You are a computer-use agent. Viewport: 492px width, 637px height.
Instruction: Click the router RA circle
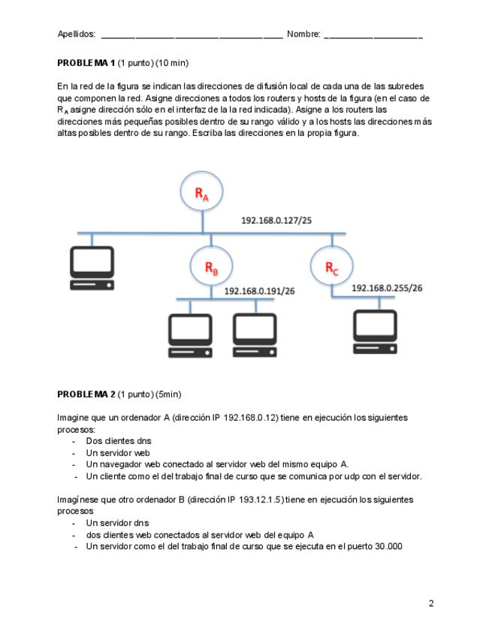pyautogui.click(x=201, y=193)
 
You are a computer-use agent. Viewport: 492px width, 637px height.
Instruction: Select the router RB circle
pyautogui.click(x=212, y=267)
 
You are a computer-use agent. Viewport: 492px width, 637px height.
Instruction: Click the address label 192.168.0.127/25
pyautogui.click(x=276, y=221)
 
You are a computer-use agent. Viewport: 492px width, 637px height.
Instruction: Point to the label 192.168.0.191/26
pyautogui.click(x=260, y=291)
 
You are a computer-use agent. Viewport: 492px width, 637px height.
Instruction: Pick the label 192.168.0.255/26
pyautogui.click(x=387, y=288)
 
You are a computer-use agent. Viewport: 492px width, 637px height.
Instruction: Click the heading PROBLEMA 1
pyautogui.click(x=86, y=62)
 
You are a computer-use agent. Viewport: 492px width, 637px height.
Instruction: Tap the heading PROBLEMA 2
pyautogui.click(x=86, y=394)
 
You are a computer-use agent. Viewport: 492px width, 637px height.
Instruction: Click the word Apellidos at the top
pyautogui.click(x=77, y=34)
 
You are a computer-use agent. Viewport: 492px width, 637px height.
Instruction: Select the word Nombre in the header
pyautogui.click(x=303, y=34)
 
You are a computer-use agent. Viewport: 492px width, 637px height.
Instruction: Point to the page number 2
pyautogui.click(x=431, y=603)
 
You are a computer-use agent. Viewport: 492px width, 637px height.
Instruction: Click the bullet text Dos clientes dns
pyautogui.click(x=119, y=441)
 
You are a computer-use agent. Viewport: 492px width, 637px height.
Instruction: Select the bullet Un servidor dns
pyautogui.click(x=117, y=523)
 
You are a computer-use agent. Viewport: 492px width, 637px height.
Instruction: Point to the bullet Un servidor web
pyautogui.click(x=118, y=453)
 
